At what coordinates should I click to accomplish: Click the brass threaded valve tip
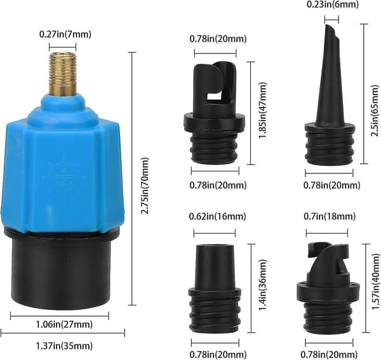(63, 74)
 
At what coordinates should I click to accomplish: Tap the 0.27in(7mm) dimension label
(65, 34)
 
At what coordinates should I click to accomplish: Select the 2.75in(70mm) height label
(145, 186)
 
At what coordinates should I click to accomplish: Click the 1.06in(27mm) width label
(64, 324)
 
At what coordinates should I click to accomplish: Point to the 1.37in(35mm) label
(64, 345)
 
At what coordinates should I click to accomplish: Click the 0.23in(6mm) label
(333, 5)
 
